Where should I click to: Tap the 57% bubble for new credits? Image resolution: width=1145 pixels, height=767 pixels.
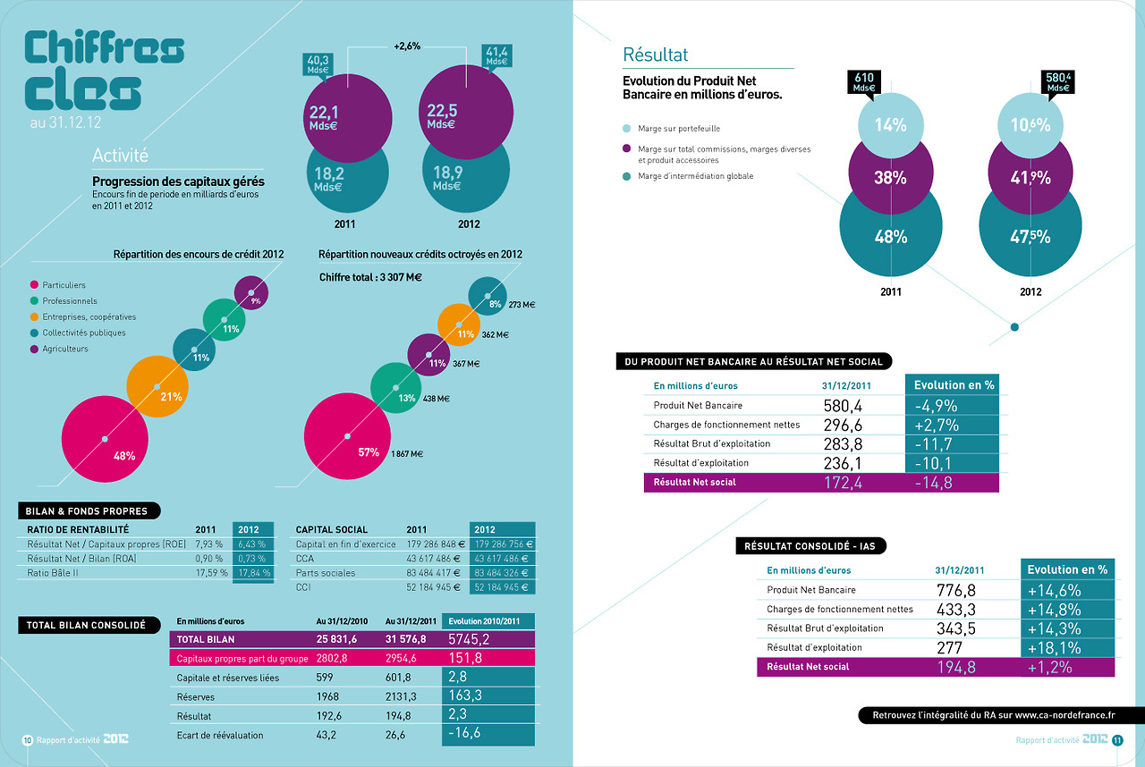click(x=348, y=440)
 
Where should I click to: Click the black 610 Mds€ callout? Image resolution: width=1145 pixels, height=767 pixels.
click(x=863, y=82)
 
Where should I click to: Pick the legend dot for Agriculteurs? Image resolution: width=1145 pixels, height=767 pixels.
click(x=34, y=349)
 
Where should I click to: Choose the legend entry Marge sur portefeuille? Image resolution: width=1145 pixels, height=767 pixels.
click(x=678, y=129)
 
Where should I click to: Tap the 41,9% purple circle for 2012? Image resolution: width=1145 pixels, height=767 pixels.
click(x=1030, y=177)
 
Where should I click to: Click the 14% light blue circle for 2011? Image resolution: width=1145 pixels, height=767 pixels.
click(x=890, y=125)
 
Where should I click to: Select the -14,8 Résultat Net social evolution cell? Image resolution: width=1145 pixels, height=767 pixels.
click(x=952, y=483)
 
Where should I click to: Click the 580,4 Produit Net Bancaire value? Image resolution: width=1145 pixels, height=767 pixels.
click(x=842, y=406)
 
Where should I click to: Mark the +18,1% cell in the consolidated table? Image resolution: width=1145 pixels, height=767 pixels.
click(x=1067, y=647)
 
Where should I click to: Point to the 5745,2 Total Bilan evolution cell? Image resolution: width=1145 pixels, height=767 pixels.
click(x=488, y=639)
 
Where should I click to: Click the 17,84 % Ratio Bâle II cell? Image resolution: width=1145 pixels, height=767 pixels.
click(x=252, y=573)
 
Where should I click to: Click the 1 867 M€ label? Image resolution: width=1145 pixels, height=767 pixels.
click(x=407, y=454)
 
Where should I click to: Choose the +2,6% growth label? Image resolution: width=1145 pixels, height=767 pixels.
click(x=407, y=46)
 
